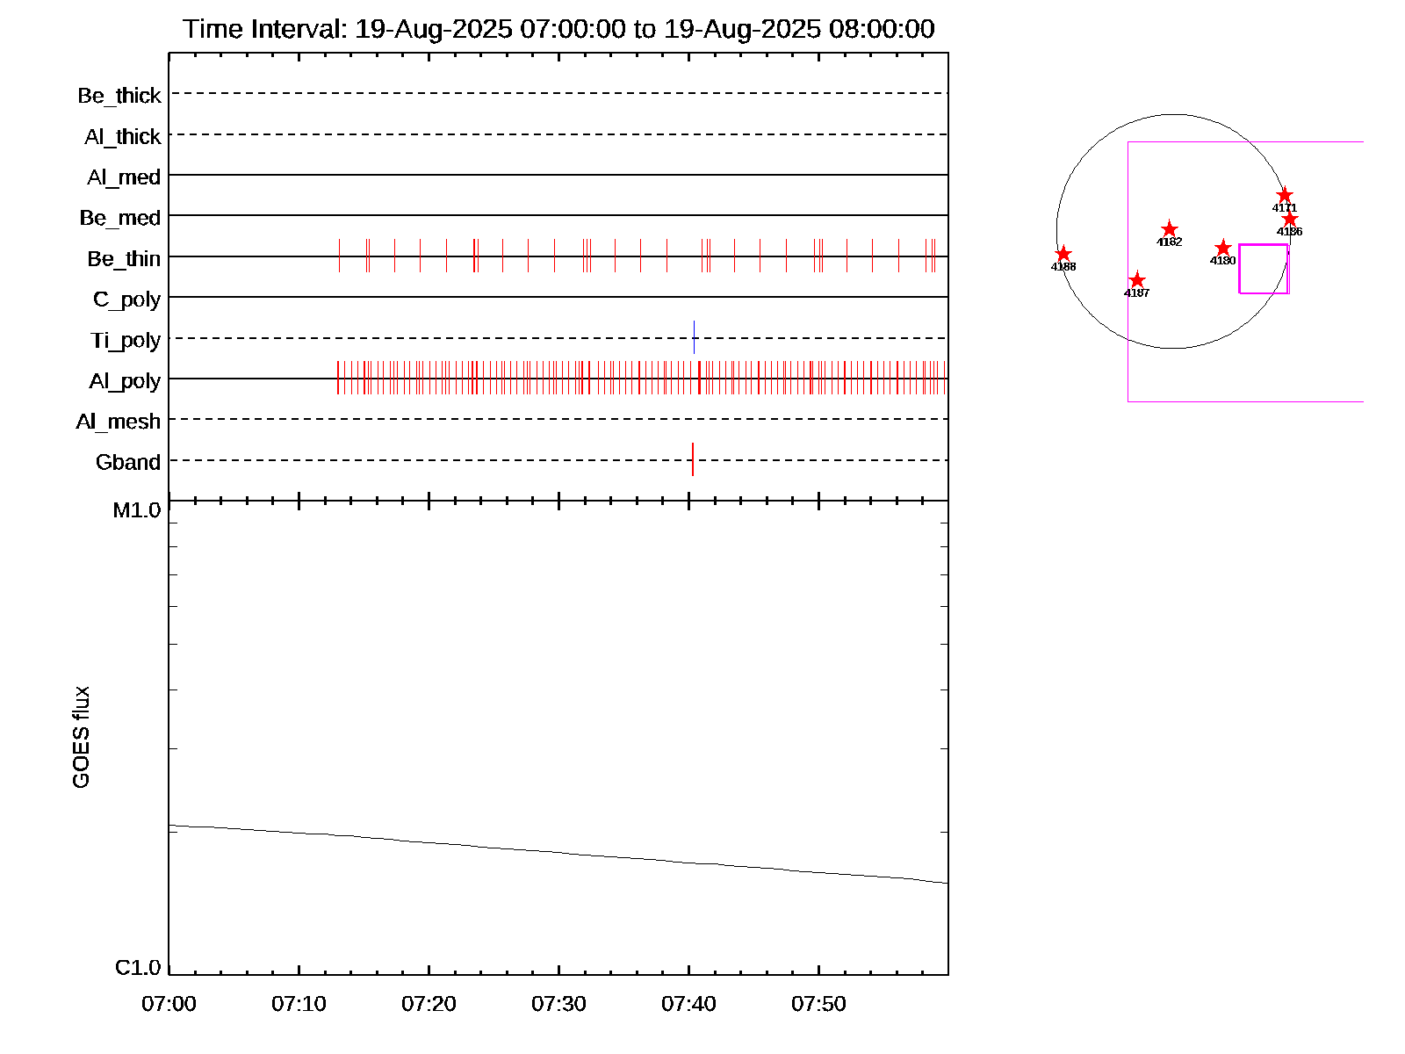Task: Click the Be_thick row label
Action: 119,96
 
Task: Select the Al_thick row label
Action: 123,137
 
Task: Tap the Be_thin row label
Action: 124,259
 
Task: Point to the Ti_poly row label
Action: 126,341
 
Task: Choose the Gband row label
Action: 128,463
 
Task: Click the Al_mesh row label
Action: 119,422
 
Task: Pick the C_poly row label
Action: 127,300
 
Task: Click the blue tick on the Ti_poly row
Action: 694,337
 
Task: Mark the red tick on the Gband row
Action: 693,459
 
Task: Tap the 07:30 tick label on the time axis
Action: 558,1004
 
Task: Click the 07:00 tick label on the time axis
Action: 169,1004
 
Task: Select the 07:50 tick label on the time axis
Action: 818,1004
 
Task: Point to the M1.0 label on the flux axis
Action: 137,510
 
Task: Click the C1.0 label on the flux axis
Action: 138,968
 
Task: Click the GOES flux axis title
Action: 81,737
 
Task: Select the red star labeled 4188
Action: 1063,254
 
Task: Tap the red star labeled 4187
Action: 1137,280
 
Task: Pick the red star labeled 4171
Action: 1285,195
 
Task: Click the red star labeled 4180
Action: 1223,249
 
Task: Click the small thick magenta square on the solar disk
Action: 1264,269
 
